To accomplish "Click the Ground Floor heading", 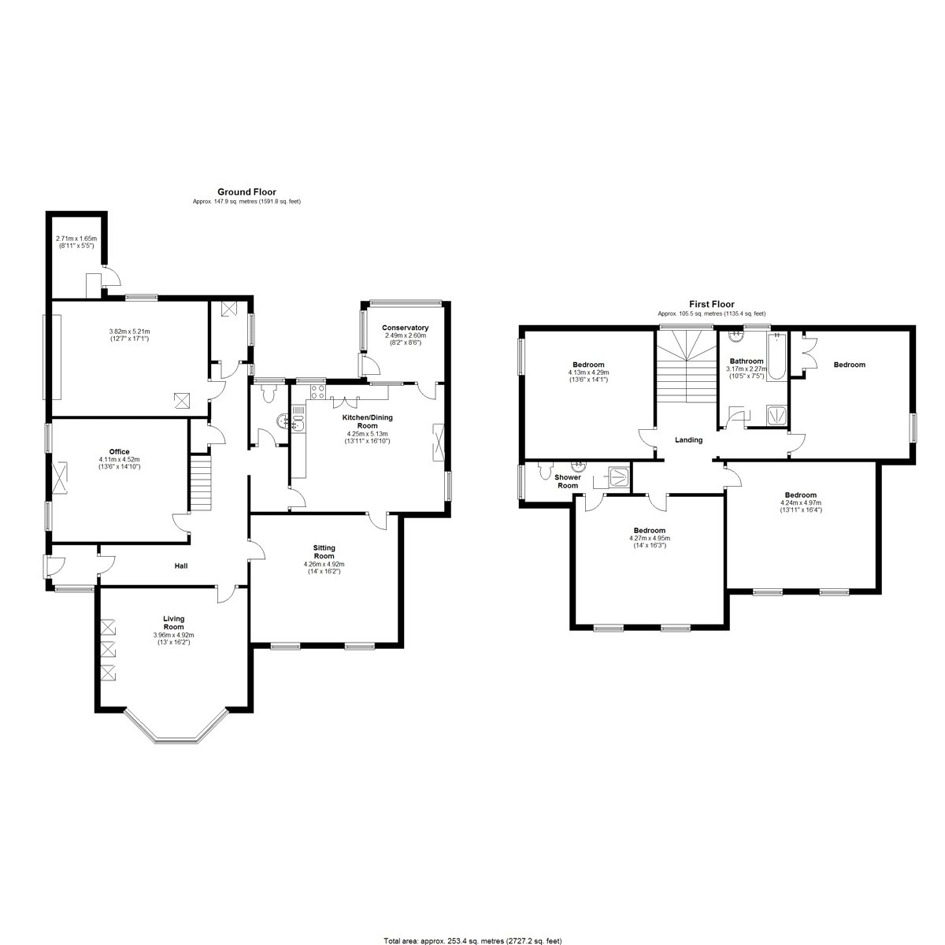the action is pos(246,191).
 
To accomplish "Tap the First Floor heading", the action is pos(712,304).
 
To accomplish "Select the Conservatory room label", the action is pos(405,328).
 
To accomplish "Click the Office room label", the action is pos(119,452).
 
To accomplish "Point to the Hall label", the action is pos(181,566).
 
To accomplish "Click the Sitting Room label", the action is pos(324,552).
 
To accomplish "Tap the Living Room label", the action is pos(173,623).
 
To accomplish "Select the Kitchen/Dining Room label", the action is pos(367,422).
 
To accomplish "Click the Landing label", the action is pos(688,440).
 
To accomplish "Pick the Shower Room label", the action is pos(567,481).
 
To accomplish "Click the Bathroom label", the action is pos(747,361).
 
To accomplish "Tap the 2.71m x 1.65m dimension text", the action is pos(76,239).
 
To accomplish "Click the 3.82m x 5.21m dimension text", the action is pos(130,332).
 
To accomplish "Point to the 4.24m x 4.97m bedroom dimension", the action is pos(801,502).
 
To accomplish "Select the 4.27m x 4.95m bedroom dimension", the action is pos(649,538).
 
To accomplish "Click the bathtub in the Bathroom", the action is pos(776,355).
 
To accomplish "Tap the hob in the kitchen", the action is pos(317,392).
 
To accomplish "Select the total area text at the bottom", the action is pos(472,941).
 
